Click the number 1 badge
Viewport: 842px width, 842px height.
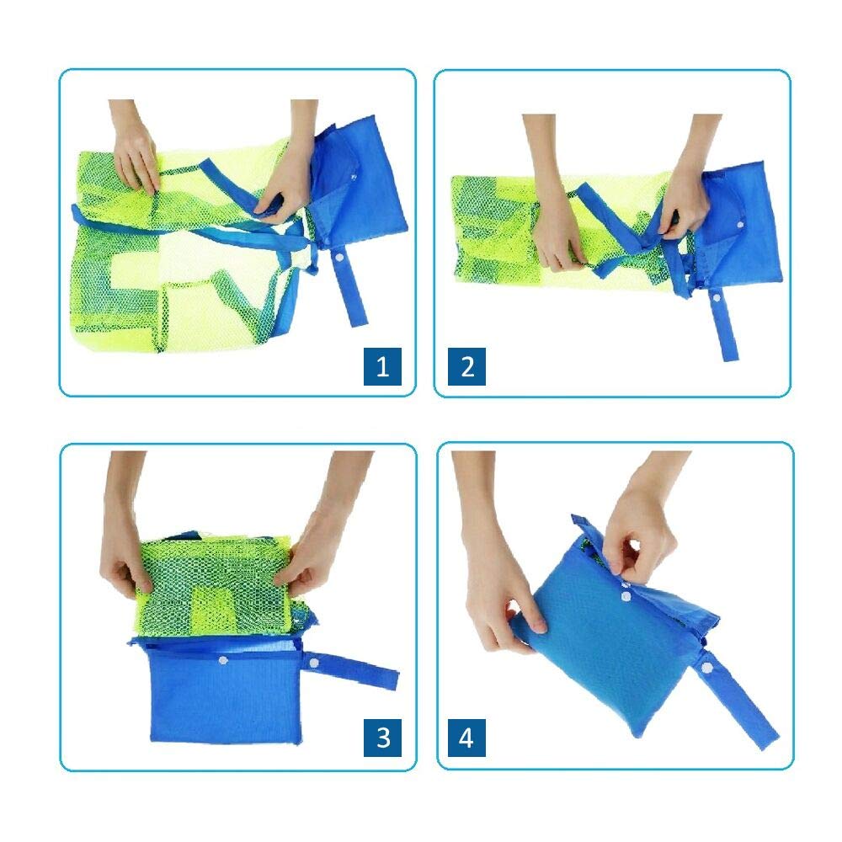point(382,366)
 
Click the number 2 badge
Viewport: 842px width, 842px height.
point(466,366)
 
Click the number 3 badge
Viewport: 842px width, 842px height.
point(382,738)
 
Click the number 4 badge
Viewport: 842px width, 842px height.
point(466,738)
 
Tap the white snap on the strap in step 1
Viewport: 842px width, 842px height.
point(339,258)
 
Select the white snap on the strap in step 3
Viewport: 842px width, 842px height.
point(313,664)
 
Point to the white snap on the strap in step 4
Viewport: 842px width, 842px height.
point(706,668)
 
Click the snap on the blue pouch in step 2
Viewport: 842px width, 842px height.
point(740,225)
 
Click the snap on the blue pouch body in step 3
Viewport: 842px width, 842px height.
point(222,660)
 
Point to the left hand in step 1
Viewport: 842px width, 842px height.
point(134,147)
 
